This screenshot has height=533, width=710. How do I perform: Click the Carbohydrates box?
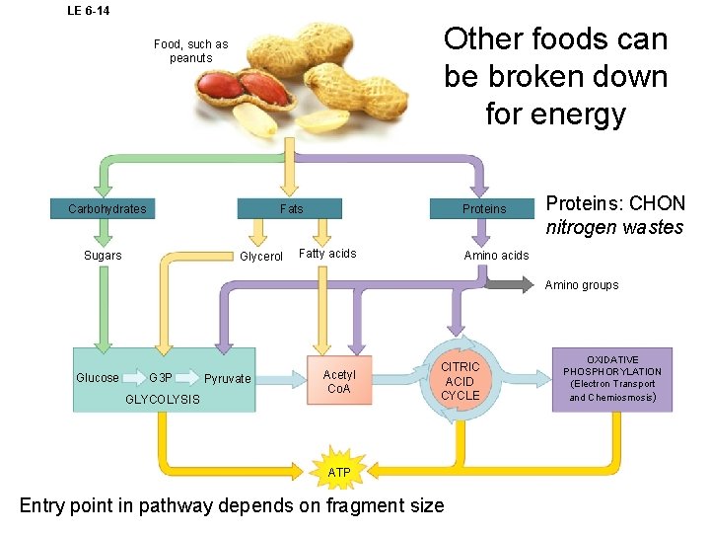pyautogui.click(x=106, y=208)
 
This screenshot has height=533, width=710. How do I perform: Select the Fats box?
pyautogui.click(x=291, y=208)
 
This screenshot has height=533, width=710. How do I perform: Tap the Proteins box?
pyautogui.click(x=483, y=208)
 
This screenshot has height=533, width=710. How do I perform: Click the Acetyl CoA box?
pyautogui.click(x=339, y=381)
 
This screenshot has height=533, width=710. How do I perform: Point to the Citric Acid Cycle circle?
pyautogui.click(x=460, y=381)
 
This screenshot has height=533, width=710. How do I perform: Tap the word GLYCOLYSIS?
pyautogui.click(x=163, y=400)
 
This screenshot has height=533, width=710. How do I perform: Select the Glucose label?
pyautogui.click(x=98, y=378)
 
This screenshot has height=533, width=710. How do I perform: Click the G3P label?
pyautogui.click(x=161, y=378)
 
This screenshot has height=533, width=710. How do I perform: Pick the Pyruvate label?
pyautogui.click(x=228, y=379)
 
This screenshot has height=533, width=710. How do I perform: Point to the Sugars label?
pyautogui.click(x=103, y=256)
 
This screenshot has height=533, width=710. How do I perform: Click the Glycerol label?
pyautogui.click(x=261, y=257)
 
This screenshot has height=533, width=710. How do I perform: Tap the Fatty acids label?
pyautogui.click(x=327, y=254)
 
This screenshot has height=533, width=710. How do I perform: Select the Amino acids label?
pyautogui.click(x=496, y=256)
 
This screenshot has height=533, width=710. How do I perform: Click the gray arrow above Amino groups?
pyautogui.click(x=510, y=285)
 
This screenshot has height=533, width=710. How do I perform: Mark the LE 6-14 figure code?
pyautogui.click(x=88, y=11)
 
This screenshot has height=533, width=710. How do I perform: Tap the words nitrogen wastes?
pyautogui.click(x=614, y=228)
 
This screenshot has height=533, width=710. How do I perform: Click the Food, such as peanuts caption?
pyautogui.click(x=190, y=50)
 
